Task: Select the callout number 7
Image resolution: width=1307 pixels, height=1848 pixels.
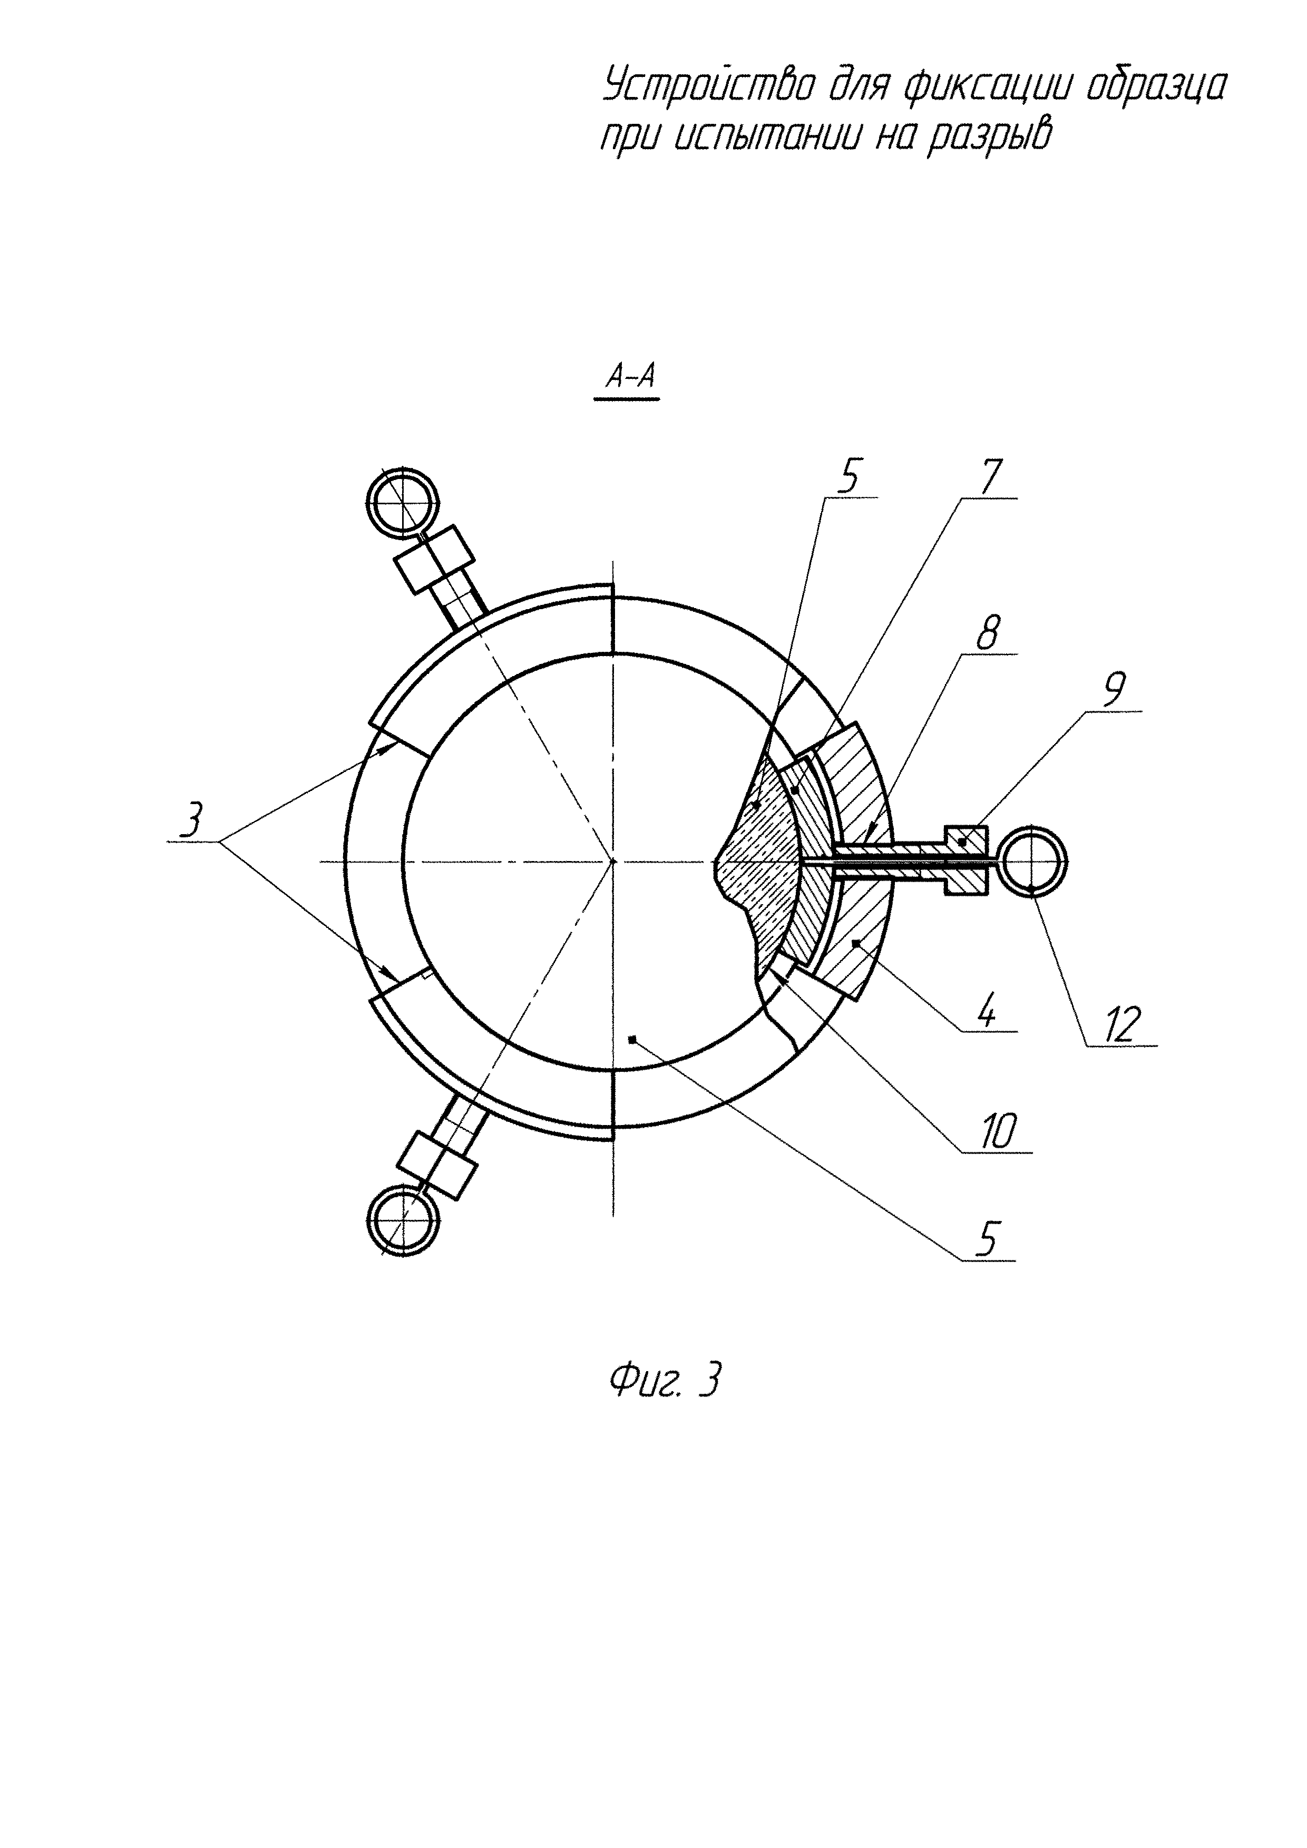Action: pyautogui.click(x=989, y=478)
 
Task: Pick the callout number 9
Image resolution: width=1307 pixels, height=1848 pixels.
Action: pyautogui.click(x=1114, y=689)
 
